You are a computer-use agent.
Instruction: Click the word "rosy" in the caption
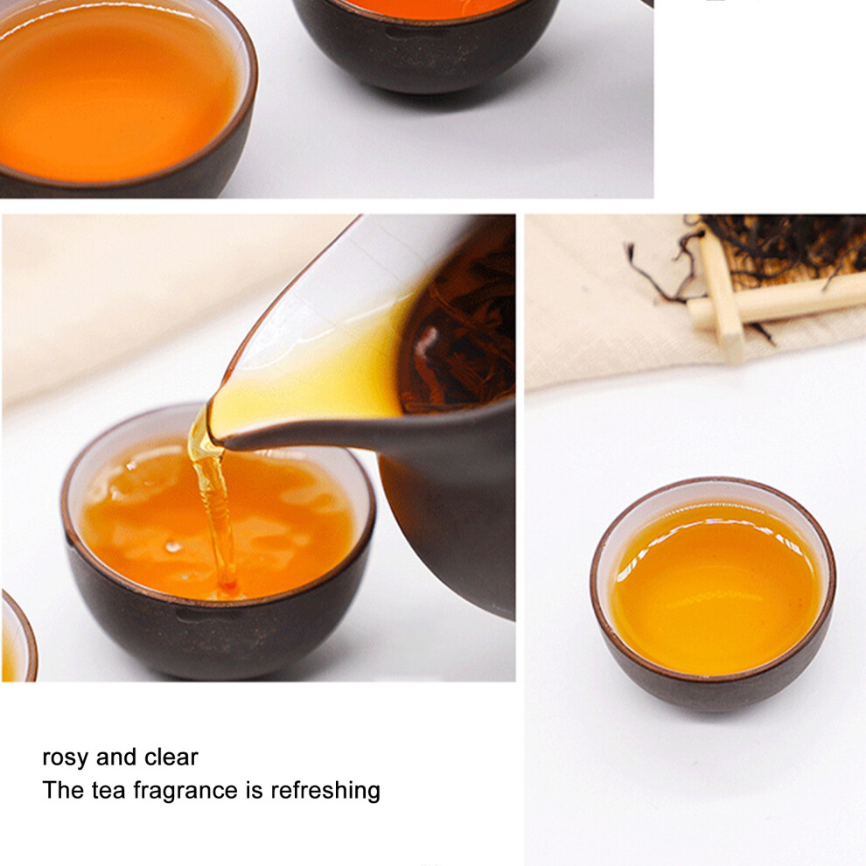[66, 758]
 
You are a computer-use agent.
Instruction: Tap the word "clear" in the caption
[171, 758]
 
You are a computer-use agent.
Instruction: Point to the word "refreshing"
[325, 791]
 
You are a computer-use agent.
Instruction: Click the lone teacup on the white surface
[713, 594]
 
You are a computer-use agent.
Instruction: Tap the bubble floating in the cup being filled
[173, 547]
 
